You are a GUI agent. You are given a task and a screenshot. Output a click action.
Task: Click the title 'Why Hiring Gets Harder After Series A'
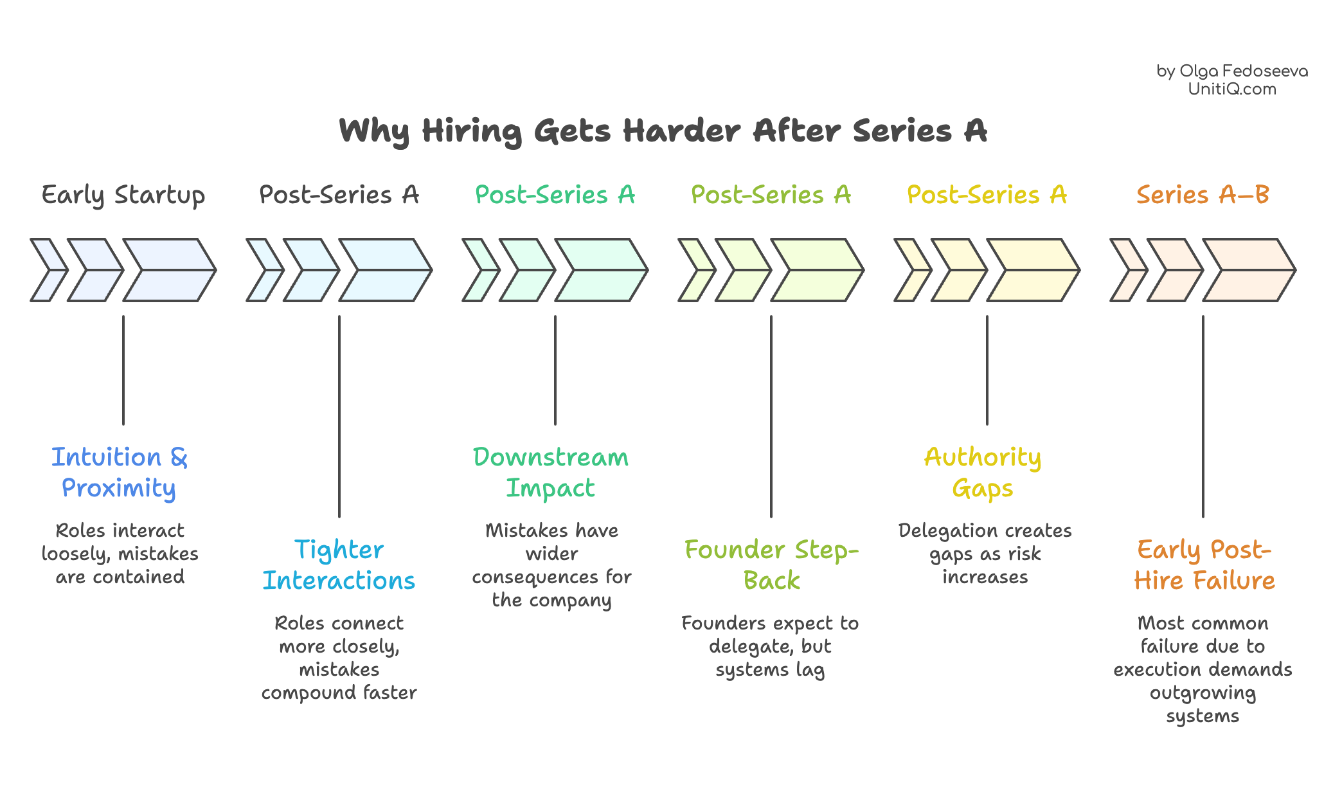[x=663, y=131]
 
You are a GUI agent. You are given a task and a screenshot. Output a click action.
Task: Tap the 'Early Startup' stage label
[x=123, y=195]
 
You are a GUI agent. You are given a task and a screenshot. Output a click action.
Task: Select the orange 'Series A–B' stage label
[x=1203, y=195]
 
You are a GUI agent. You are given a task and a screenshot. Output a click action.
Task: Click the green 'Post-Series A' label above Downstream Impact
[x=555, y=195]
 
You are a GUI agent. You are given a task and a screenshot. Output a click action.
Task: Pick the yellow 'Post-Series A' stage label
[x=987, y=195]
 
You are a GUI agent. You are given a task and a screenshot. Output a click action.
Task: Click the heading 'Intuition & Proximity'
[x=120, y=473]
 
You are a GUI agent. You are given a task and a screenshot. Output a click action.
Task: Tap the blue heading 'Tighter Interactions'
[x=339, y=565]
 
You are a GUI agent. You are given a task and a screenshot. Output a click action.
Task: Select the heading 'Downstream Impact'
[x=551, y=473]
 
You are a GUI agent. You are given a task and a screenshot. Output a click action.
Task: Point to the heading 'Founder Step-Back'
[x=771, y=565]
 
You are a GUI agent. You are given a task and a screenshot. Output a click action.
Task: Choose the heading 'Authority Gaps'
[x=983, y=473]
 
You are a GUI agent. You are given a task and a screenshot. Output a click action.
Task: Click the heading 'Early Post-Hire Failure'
[x=1204, y=565]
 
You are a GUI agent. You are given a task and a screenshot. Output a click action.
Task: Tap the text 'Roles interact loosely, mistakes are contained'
[x=120, y=554]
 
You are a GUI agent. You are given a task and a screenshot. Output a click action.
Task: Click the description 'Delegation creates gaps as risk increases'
[x=985, y=554]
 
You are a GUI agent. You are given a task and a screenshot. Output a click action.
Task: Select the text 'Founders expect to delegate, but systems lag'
[x=770, y=646]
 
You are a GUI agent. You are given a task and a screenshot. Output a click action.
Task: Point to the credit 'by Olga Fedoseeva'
[x=1232, y=71]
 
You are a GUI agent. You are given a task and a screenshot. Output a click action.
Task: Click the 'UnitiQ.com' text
[x=1232, y=89]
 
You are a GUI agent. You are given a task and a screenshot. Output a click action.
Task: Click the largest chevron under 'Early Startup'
[x=168, y=270]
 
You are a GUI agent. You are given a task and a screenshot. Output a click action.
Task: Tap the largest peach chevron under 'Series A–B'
[x=1248, y=270]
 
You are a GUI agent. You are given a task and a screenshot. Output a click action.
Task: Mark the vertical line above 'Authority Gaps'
[x=987, y=370]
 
